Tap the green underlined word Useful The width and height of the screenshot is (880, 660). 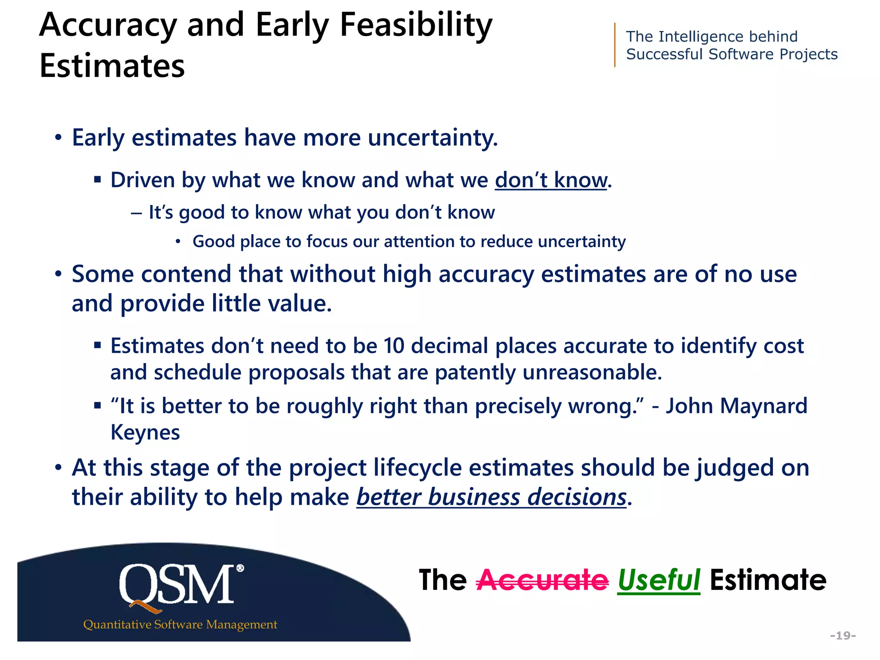click(659, 581)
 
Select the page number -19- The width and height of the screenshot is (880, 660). click(843, 635)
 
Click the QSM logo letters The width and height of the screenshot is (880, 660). click(177, 585)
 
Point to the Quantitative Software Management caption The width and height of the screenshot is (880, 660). click(180, 624)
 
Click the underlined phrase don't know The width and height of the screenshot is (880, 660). click(551, 180)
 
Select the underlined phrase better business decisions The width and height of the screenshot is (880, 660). click(491, 497)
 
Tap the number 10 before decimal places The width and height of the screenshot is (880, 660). click(394, 346)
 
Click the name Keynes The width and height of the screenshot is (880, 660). click(145, 432)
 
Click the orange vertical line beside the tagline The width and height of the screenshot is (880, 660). click(615, 45)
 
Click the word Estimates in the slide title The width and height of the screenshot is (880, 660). click(112, 66)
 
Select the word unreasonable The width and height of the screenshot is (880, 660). click(592, 372)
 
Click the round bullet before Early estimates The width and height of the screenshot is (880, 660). click(58, 138)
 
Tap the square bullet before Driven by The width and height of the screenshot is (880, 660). click(98, 180)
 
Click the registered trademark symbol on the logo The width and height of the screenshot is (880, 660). click(240, 568)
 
